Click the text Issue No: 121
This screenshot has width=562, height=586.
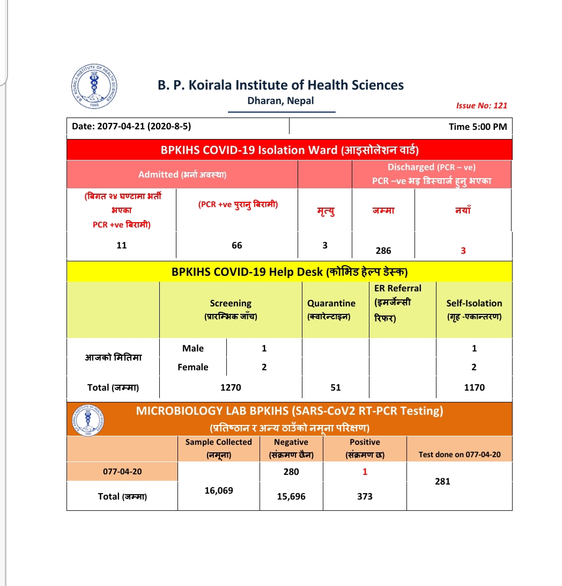[x=481, y=106]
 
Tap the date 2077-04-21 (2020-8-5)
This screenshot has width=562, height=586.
[x=131, y=127]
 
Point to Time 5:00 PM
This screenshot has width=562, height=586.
[x=478, y=127]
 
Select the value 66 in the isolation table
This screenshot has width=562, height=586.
[x=237, y=245]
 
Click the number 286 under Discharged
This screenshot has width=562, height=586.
[x=383, y=251]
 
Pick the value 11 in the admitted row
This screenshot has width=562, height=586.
[x=122, y=245]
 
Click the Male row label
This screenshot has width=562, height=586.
[x=193, y=348]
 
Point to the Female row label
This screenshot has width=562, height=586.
[x=193, y=367]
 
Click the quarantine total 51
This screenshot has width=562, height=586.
[x=336, y=387]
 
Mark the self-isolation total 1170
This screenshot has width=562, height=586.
[x=474, y=387]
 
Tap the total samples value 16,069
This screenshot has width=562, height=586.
[x=219, y=490]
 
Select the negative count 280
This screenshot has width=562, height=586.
[x=291, y=472]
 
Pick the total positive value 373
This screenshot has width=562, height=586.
[x=365, y=496]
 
